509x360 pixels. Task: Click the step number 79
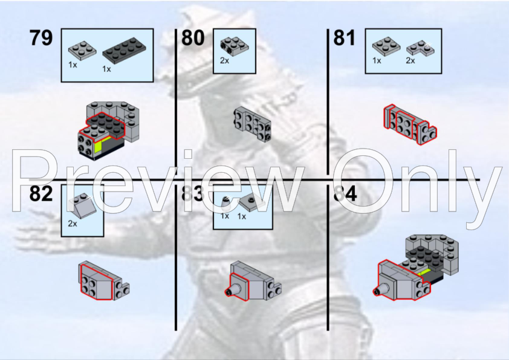point(41,38)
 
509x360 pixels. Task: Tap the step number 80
point(193,38)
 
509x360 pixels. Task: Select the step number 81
point(345,38)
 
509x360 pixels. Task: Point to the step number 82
point(41,194)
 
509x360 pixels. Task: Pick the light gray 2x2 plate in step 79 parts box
point(82,49)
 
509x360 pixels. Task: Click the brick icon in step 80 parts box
point(230,43)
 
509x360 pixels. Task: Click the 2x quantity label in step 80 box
point(225,61)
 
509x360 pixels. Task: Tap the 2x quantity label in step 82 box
point(73,224)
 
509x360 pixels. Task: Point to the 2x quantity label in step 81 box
point(410,61)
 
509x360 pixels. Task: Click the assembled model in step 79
point(109,130)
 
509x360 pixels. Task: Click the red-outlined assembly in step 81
point(410,125)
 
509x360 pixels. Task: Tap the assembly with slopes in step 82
point(103,281)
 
